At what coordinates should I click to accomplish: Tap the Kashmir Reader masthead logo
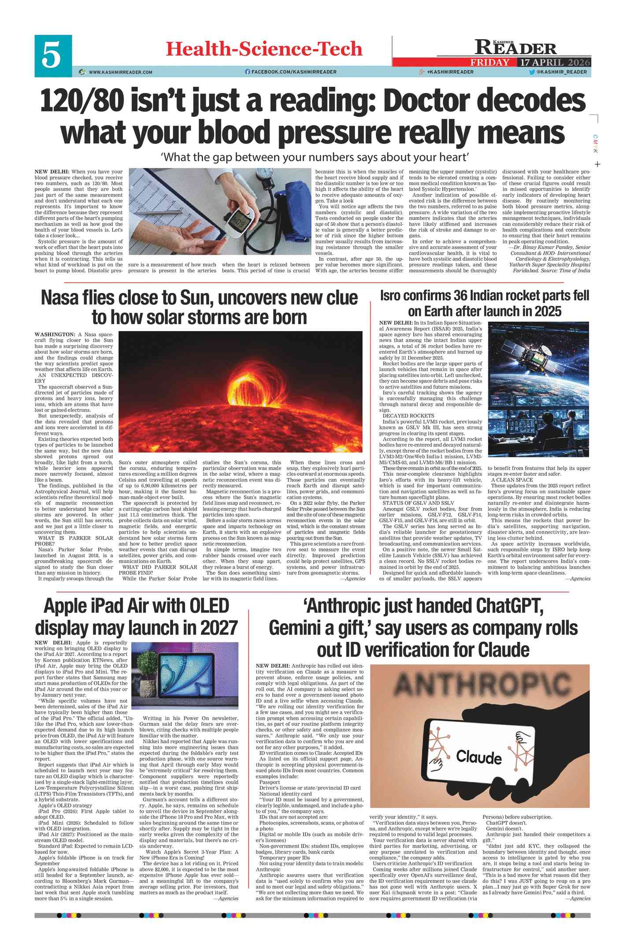pyautogui.click(x=515, y=47)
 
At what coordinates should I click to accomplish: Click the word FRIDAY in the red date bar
pyautogui.click(x=489, y=62)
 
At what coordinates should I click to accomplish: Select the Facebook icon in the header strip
pyautogui.click(x=248, y=72)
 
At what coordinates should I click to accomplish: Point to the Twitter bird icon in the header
pyautogui.click(x=532, y=72)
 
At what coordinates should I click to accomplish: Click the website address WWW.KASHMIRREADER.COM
pyautogui.click(x=120, y=72)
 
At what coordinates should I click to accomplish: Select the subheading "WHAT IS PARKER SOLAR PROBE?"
pyautogui.click(x=74, y=541)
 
